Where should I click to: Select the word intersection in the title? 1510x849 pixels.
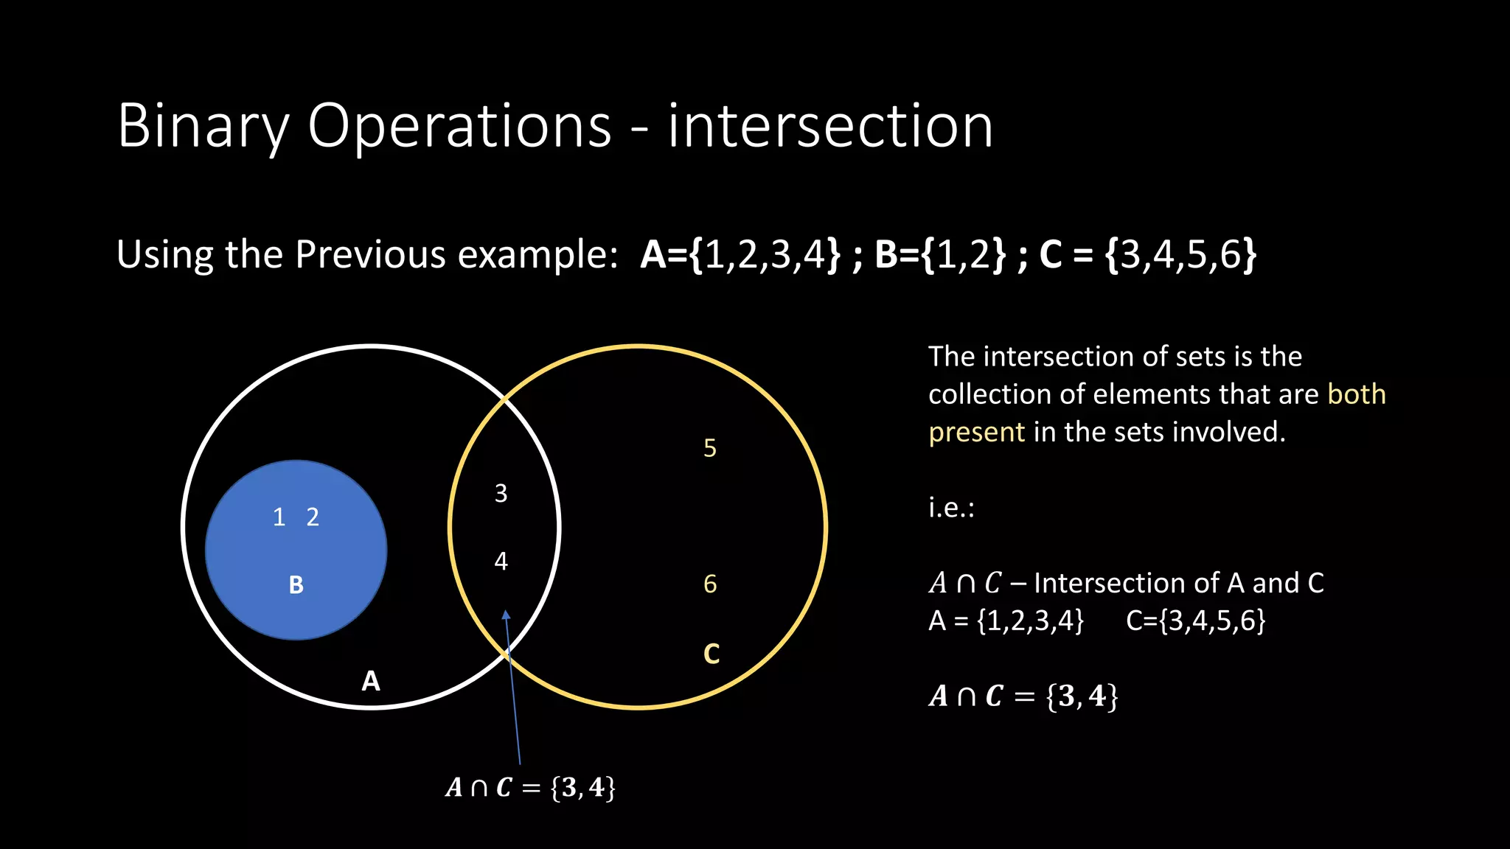[x=830, y=126]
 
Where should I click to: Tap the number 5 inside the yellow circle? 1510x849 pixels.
[x=710, y=448]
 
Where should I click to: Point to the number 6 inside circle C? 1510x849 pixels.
[x=710, y=584]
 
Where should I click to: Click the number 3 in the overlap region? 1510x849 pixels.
[x=501, y=494]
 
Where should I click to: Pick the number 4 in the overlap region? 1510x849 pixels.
[x=501, y=562]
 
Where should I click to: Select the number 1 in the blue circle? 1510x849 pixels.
[x=279, y=517]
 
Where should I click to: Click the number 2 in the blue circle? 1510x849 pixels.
[x=313, y=517]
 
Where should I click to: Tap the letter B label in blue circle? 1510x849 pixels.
[x=296, y=585]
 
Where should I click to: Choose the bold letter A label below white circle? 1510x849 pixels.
[x=371, y=681]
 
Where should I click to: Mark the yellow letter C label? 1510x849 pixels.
[x=711, y=654]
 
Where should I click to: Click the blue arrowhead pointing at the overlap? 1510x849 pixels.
[x=506, y=615]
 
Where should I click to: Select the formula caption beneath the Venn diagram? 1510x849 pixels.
[x=530, y=788]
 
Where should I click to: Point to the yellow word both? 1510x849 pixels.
[x=1357, y=394]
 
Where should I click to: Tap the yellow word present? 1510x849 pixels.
[x=976, y=432]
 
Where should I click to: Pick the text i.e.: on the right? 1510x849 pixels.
[x=951, y=508]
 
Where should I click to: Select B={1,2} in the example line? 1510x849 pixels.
[x=940, y=254]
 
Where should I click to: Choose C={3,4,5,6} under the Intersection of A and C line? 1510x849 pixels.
[x=1195, y=621]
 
